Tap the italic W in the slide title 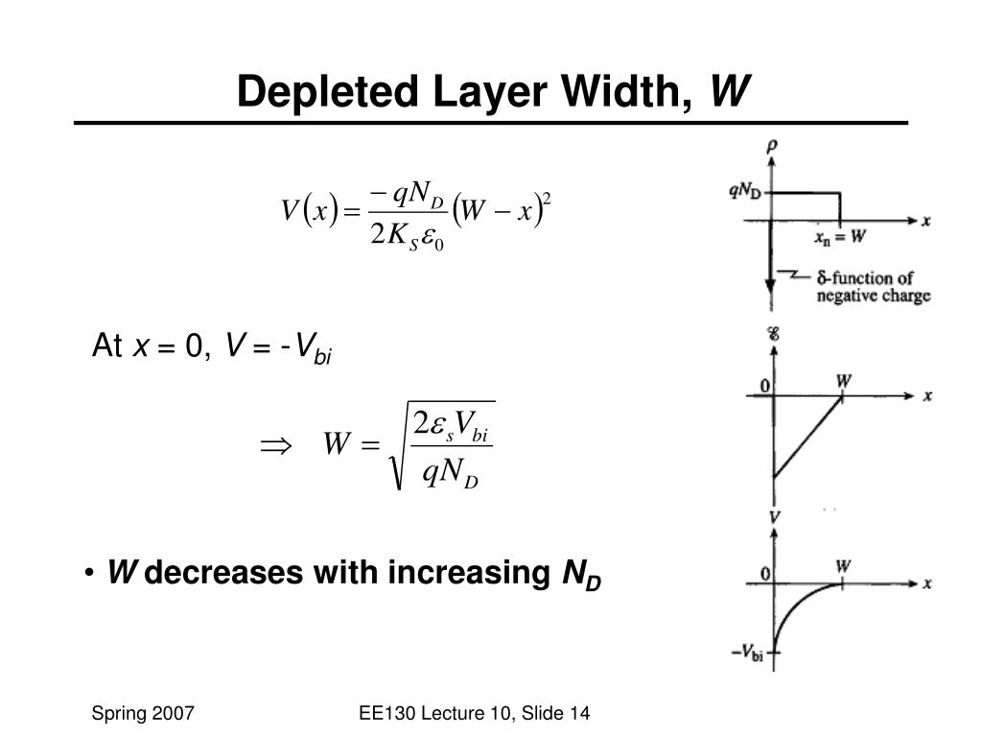click(x=730, y=92)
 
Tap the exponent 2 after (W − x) click(x=546, y=199)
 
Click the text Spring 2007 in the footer click(x=144, y=712)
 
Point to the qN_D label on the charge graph click(x=745, y=190)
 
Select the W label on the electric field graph click(x=843, y=380)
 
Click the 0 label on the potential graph click(x=765, y=574)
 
